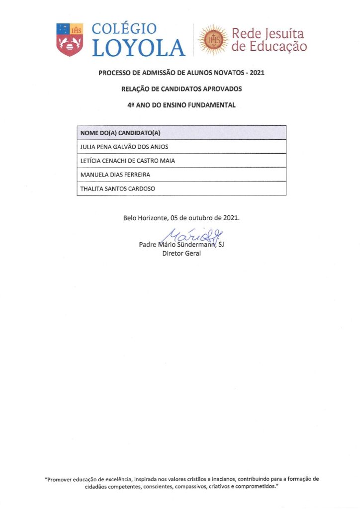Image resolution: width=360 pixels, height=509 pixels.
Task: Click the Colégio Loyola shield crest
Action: [x=70, y=39]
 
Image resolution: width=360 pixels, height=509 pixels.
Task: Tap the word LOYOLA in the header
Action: [x=139, y=48]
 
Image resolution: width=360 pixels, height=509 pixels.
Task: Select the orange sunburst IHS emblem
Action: [x=214, y=40]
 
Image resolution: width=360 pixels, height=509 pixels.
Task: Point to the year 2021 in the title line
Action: [x=257, y=73]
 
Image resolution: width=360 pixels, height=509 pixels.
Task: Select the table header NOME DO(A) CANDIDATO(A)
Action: [x=120, y=133]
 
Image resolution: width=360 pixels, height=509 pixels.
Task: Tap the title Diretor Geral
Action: [x=181, y=254]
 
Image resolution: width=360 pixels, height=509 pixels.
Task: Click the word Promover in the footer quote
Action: [x=61, y=479]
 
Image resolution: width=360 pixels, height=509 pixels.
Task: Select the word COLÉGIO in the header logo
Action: [x=124, y=29]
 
